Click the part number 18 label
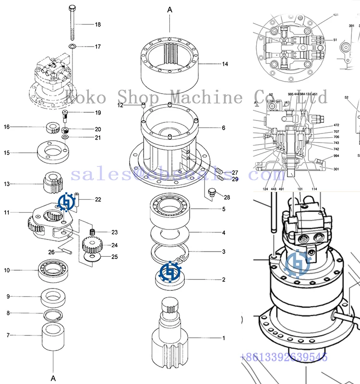point(97,24)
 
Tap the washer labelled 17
point(72,46)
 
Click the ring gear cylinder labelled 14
point(170,62)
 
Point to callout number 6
point(223,128)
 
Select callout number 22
point(97,199)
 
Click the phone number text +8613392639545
point(283,357)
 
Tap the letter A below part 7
point(53,378)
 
